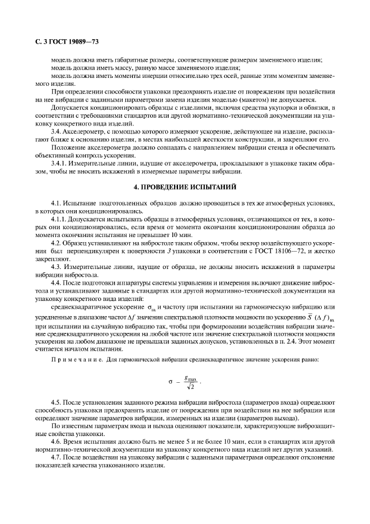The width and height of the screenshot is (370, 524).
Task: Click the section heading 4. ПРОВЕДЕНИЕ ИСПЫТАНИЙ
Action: (x=185, y=186)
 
